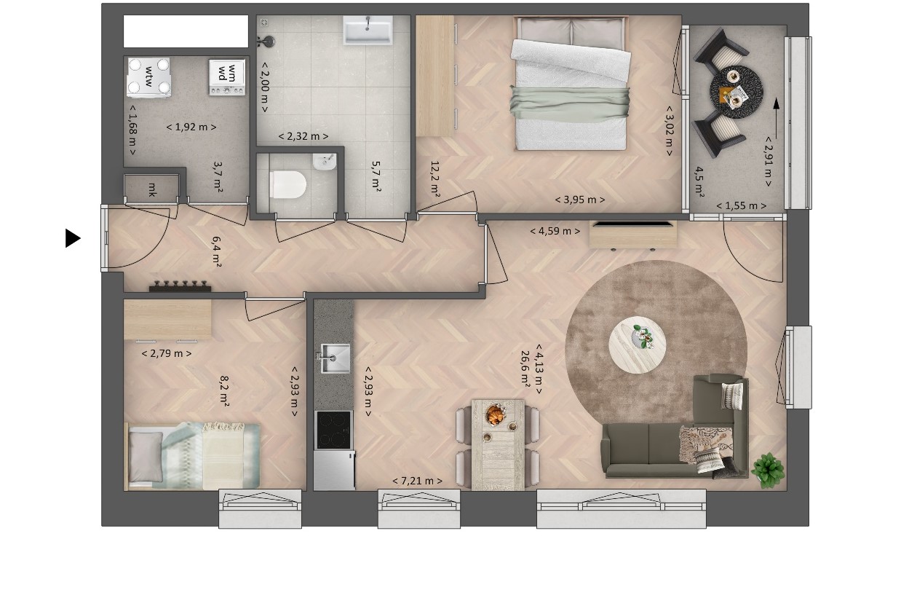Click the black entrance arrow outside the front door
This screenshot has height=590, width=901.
[72, 238]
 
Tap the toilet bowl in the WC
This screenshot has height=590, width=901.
[288, 185]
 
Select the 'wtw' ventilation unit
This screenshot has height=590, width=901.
[148, 77]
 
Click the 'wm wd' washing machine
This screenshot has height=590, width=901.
[227, 77]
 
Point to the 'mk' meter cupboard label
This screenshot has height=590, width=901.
[152, 189]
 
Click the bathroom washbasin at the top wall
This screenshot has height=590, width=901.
[368, 30]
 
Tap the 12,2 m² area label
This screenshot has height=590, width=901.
[434, 178]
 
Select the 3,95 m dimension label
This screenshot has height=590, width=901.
[579, 200]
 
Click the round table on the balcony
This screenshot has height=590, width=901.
[736, 92]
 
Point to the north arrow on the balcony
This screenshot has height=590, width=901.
[776, 119]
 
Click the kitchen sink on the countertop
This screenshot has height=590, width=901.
[335, 358]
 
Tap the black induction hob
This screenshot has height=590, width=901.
[333, 430]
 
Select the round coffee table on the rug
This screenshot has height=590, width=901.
[637, 345]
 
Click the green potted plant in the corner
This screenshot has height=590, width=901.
[769, 471]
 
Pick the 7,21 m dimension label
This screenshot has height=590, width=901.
[417, 481]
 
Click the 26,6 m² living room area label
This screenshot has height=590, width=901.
[525, 369]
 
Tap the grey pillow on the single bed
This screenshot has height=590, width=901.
[146, 457]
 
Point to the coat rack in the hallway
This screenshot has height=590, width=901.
[180, 286]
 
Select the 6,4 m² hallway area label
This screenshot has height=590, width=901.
[216, 252]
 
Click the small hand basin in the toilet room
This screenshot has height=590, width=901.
[324, 162]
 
